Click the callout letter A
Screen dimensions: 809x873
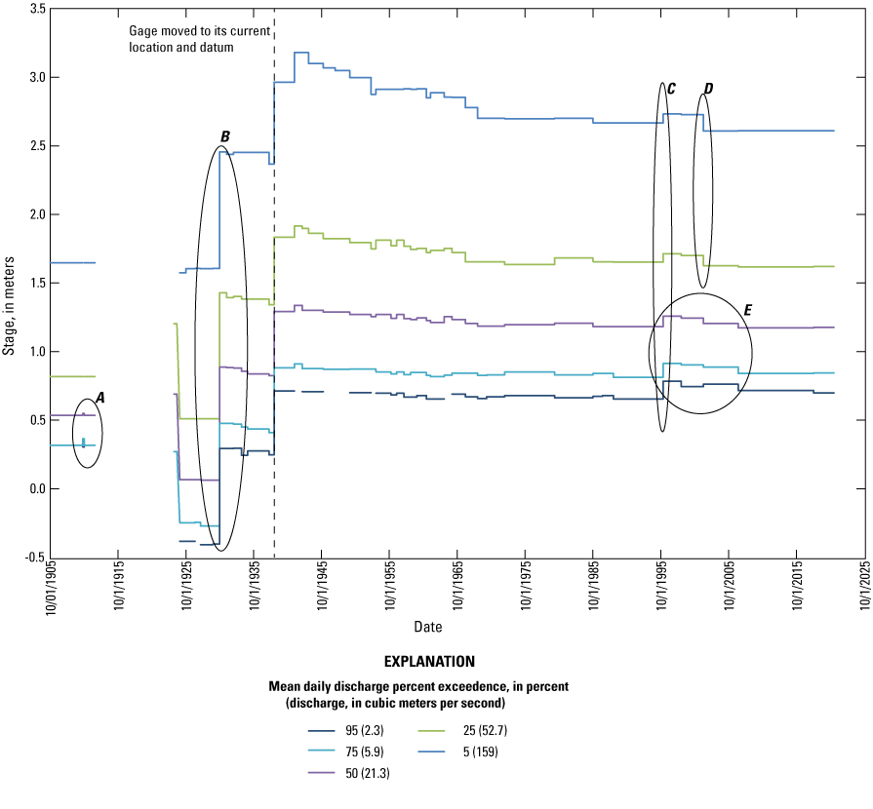[x=100, y=397]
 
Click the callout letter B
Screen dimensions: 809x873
[x=225, y=136]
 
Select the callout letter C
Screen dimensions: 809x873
[x=671, y=89]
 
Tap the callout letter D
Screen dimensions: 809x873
[x=708, y=89]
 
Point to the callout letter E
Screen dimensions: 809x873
[x=747, y=310]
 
